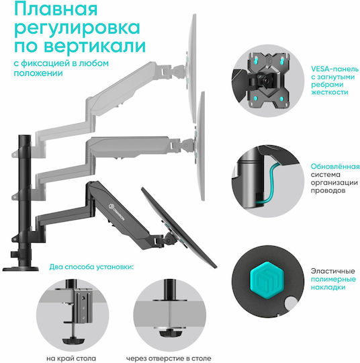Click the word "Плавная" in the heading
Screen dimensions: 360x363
(56, 9)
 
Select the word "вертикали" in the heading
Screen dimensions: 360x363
(95, 46)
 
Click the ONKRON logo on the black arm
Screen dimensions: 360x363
(116, 212)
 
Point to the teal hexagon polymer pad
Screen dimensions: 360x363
(267, 280)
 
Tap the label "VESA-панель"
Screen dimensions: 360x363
(334, 69)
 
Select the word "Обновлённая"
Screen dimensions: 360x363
(335, 167)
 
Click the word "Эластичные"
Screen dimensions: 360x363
(332, 271)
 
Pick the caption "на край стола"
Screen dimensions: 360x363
(71, 358)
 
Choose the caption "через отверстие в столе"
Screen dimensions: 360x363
(169, 358)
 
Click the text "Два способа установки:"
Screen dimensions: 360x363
(91, 267)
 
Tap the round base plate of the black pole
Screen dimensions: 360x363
(20, 269)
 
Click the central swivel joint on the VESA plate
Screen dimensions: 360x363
(266, 79)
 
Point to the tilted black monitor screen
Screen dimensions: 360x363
(179, 228)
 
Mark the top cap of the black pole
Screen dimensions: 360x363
(25, 136)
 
